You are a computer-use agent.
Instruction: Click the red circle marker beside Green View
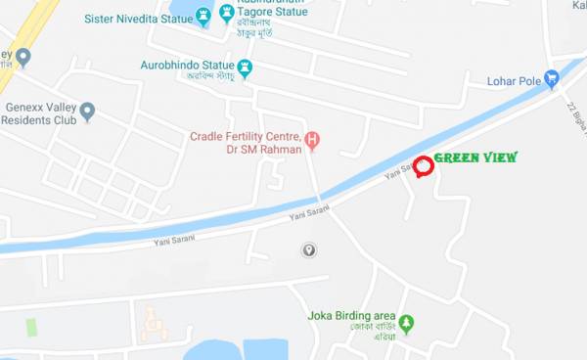[x=423, y=166]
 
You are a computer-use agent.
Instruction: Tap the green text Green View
[x=475, y=157]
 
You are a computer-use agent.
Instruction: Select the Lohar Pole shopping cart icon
[x=551, y=78]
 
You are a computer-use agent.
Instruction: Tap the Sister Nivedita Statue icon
[x=203, y=16]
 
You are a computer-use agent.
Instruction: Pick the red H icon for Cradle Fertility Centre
[x=312, y=139]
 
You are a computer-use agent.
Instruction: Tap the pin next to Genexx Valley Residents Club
[x=87, y=112]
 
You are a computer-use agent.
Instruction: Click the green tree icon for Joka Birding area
[x=406, y=322]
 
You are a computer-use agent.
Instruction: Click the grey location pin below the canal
[x=308, y=250]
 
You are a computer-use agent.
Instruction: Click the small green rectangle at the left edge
[x=31, y=327]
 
